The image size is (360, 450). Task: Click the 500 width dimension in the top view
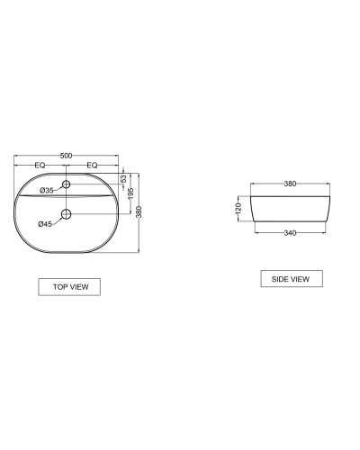67,157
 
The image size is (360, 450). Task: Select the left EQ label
40,166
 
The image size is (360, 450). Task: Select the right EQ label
92,166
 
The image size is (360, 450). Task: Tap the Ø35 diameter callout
47,190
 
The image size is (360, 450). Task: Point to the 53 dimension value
123,179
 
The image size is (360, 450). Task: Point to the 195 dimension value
130,193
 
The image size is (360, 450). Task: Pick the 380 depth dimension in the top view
139,211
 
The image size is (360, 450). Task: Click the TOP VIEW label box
69,287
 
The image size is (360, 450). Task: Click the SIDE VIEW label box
290,279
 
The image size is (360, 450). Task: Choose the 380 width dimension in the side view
290,184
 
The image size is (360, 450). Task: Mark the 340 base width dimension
290,232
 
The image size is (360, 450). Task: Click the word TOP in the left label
60,287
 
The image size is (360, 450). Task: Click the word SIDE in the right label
280,279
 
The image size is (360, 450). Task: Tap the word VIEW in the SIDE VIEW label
300,279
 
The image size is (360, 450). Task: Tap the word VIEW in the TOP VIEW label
78,287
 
